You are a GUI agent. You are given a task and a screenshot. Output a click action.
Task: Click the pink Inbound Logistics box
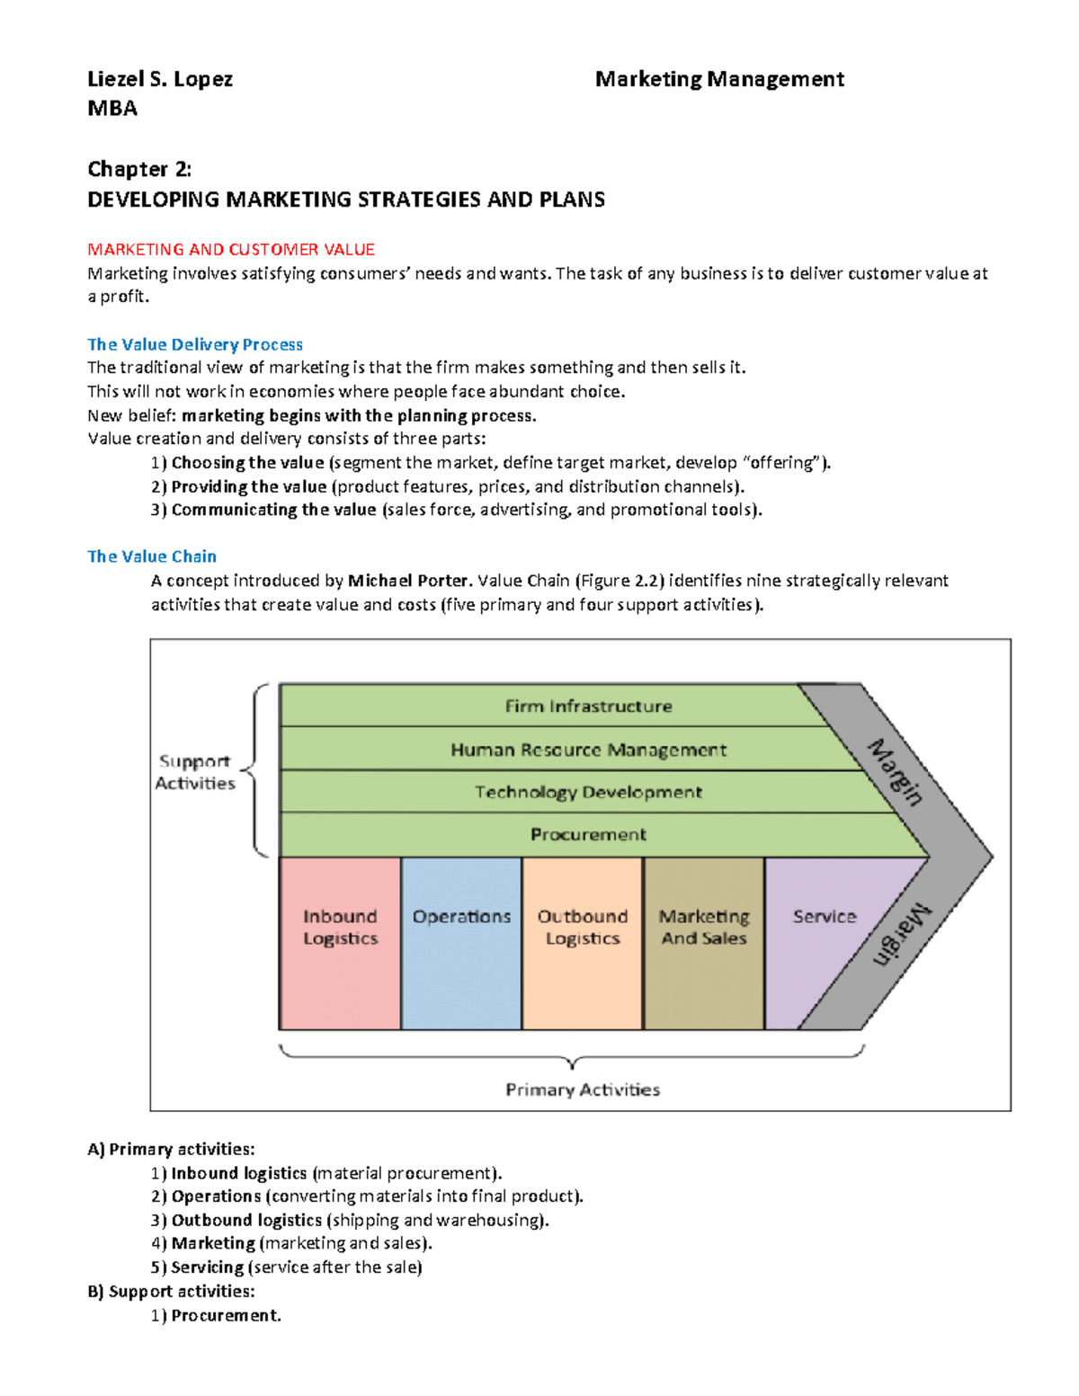[x=340, y=943]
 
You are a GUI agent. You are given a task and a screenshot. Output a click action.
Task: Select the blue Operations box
[x=461, y=943]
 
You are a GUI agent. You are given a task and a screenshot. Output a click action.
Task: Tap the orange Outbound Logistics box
[x=583, y=943]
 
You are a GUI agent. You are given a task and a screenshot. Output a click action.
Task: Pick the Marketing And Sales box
[x=704, y=943]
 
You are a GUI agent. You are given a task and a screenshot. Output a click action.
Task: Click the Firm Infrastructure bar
[x=588, y=707]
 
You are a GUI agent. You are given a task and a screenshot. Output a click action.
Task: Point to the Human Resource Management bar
[x=588, y=750]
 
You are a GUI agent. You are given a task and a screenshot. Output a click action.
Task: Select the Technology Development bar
[x=588, y=792]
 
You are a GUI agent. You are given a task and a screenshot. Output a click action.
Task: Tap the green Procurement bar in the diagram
[x=588, y=834]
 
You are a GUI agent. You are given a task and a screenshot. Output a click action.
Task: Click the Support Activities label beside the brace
[x=194, y=772]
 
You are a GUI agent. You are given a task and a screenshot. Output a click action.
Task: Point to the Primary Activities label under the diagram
[x=583, y=1089]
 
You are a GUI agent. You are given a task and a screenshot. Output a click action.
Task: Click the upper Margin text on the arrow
[x=896, y=772]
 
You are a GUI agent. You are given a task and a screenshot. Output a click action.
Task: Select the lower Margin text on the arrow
[x=902, y=935]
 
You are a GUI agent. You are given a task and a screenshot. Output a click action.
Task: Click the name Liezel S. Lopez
[x=160, y=79]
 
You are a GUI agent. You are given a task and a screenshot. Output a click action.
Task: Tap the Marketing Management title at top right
[x=719, y=79]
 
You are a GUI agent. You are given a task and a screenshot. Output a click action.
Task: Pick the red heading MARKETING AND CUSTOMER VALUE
[x=231, y=249]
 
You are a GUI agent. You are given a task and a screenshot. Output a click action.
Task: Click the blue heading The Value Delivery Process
[x=195, y=344]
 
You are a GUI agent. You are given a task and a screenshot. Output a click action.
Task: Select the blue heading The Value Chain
[x=152, y=556]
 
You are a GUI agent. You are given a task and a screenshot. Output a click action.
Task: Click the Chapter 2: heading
[x=139, y=169]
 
